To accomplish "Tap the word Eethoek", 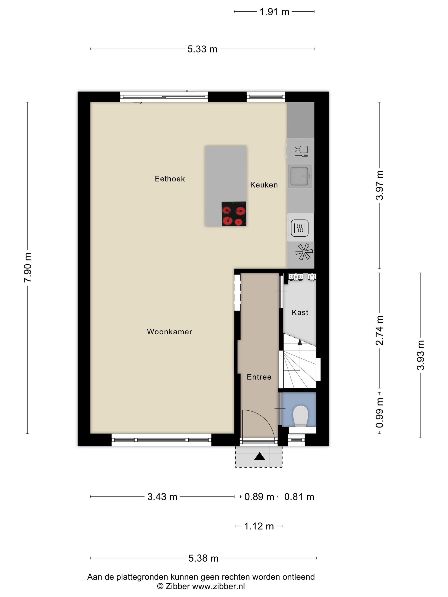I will pyautogui.click(x=170, y=179).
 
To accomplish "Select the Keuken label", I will pyautogui.click(x=264, y=185).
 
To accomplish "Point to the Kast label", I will pyautogui.click(x=300, y=313).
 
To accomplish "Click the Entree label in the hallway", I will pyautogui.click(x=259, y=377).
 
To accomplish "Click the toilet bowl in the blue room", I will pyautogui.click(x=300, y=416).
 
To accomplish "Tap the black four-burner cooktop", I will pyautogui.click(x=234, y=213).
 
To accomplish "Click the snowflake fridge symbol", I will pyautogui.click(x=304, y=252).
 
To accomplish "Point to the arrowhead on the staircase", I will pyautogui.click(x=300, y=342).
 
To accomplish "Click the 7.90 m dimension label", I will pyautogui.click(x=28, y=267).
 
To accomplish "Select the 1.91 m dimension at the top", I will pyautogui.click(x=274, y=12).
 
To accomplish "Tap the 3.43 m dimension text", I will pyautogui.click(x=162, y=497).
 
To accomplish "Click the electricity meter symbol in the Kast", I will pyautogui.click(x=296, y=277).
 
